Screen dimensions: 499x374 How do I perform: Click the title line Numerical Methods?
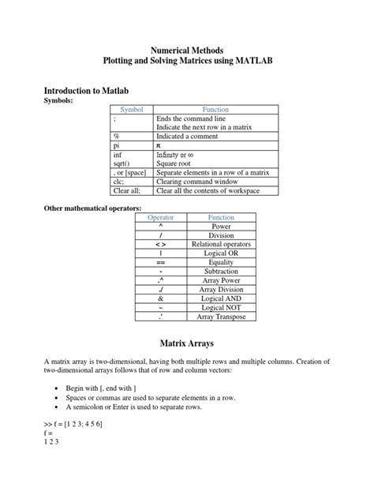pos(187,49)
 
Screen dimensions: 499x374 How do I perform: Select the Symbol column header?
pos(131,109)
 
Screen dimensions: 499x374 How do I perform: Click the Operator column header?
pos(160,216)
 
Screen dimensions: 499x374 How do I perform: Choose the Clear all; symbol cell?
pos(126,189)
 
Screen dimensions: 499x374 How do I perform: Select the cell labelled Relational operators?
pos(221,244)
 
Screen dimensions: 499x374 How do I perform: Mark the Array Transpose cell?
pos(221,317)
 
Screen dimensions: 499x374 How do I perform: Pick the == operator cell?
pos(160,262)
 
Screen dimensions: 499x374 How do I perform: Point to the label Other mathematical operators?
pos(92,207)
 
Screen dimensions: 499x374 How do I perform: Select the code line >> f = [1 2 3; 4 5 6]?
pos(76,424)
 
